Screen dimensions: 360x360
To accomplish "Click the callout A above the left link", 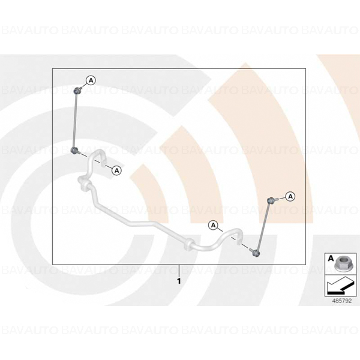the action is [91, 80].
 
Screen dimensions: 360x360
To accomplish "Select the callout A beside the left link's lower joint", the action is [116, 170].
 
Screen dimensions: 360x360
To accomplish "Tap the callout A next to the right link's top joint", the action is [290, 197].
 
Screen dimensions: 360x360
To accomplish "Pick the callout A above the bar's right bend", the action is [213, 225].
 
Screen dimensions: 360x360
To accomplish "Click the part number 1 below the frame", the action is [179, 281].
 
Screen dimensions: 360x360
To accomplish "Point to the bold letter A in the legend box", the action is [331, 259].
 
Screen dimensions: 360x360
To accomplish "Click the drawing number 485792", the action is [342, 301].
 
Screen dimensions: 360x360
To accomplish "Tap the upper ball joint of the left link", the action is [76, 91].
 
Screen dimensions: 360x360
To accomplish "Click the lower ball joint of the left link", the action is [74, 151].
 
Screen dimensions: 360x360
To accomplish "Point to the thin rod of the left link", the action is [75, 121].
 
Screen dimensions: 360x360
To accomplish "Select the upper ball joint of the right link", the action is [271, 200].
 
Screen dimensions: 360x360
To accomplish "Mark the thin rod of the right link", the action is [264, 227].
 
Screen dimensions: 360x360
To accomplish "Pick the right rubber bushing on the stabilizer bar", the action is [190, 245].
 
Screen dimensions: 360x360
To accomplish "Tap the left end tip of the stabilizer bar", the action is [106, 162].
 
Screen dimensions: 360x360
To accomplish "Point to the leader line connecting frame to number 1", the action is [179, 271].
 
